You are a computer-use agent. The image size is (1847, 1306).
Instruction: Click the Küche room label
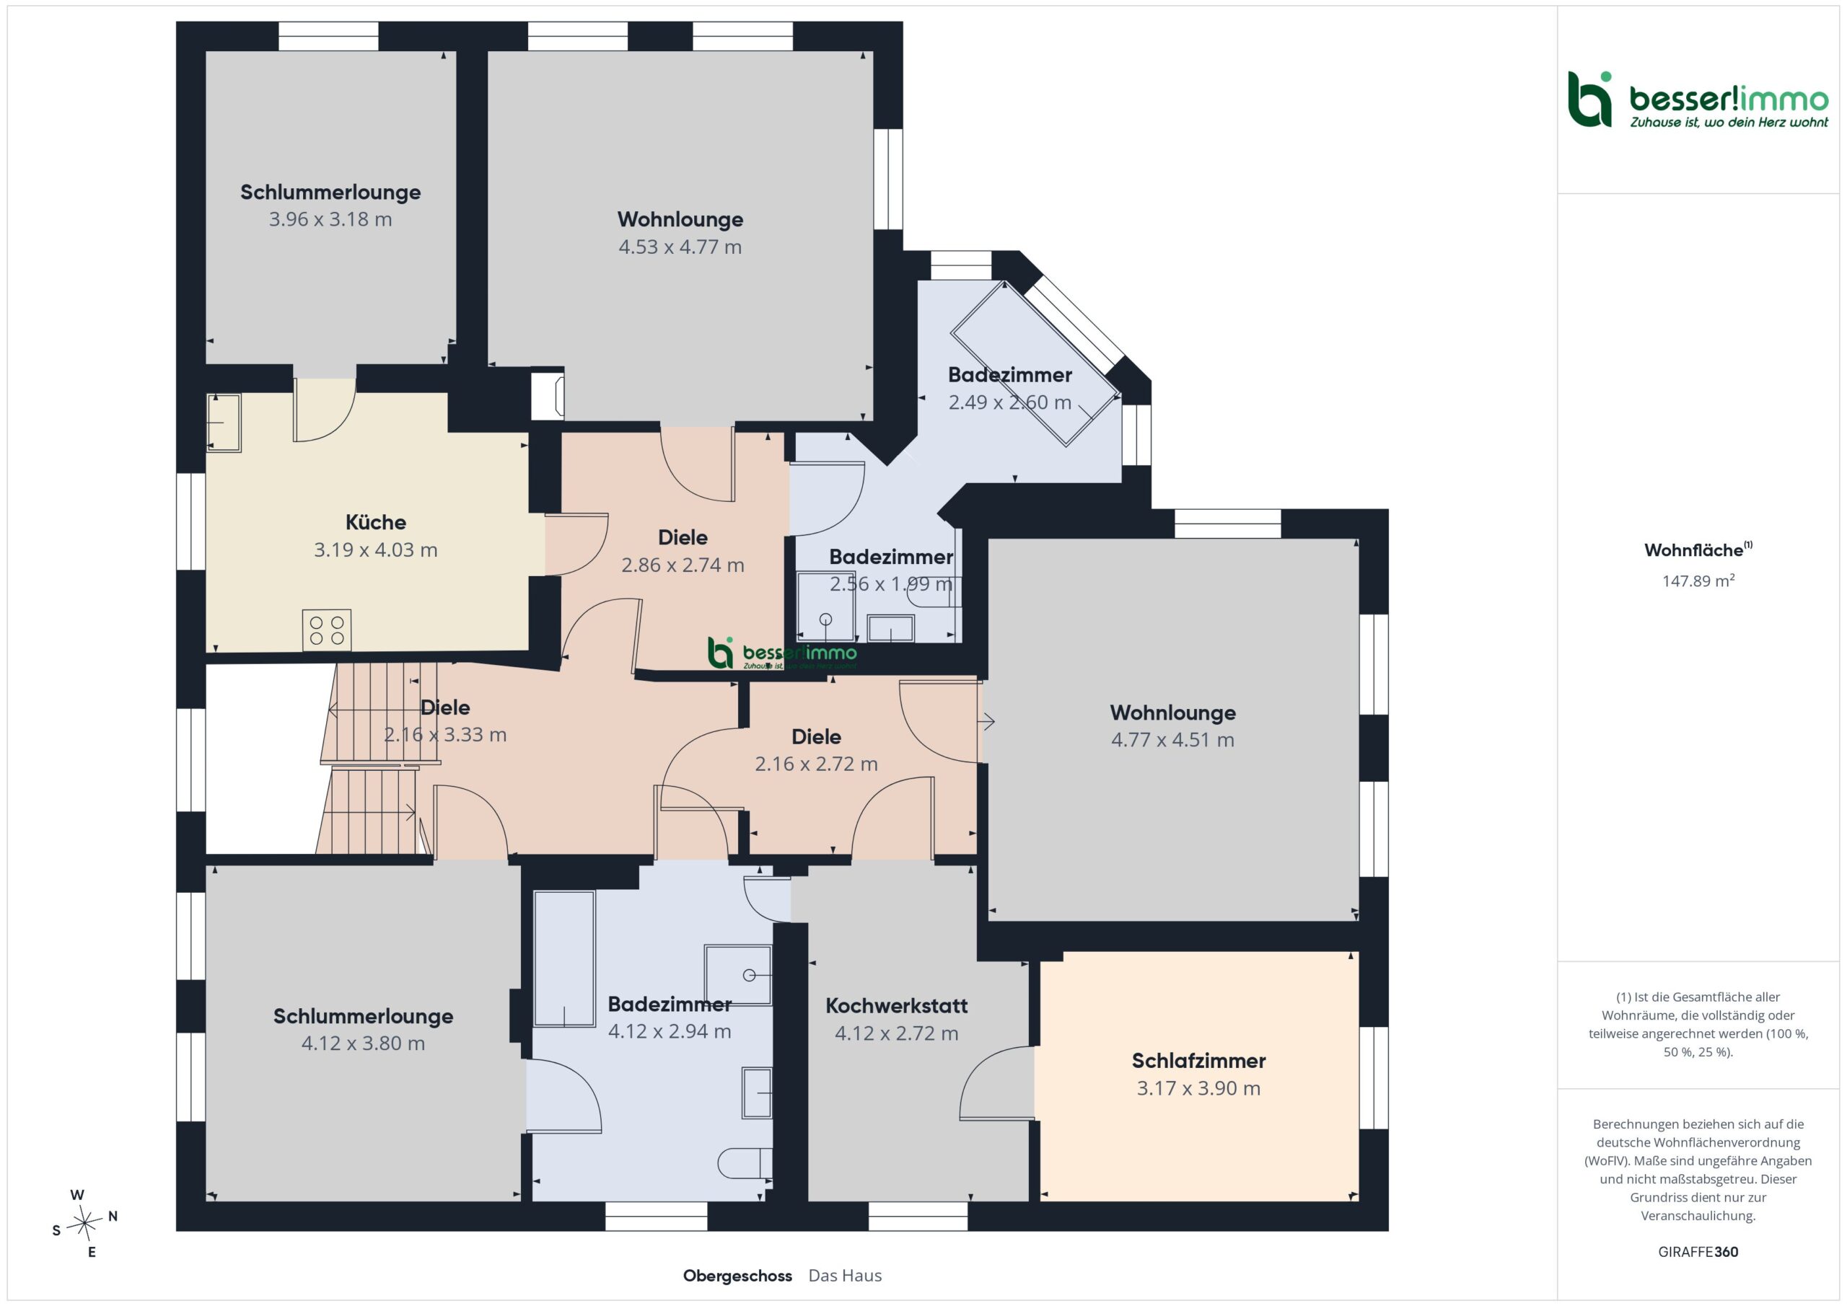[376, 523]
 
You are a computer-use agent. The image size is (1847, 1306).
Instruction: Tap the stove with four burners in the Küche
[327, 630]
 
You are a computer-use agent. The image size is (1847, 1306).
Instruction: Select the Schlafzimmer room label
[1198, 1061]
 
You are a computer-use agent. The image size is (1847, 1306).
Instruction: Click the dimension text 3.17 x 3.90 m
[1198, 1088]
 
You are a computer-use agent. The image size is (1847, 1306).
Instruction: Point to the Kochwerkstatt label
[896, 1005]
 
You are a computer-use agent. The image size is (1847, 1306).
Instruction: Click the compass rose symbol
[84, 1223]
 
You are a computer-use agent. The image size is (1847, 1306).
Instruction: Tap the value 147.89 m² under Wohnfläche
[1698, 581]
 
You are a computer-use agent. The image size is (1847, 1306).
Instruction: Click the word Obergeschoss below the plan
[737, 1276]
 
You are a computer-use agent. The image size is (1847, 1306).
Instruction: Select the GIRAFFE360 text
[1698, 1251]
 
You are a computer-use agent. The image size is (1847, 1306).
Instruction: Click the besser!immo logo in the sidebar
[1698, 100]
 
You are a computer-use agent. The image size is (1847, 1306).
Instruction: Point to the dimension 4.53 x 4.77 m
[680, 247]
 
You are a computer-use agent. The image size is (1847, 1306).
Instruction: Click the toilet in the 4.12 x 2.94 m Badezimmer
[744, 1164]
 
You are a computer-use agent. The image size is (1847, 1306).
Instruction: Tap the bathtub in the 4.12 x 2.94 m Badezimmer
[565, 958]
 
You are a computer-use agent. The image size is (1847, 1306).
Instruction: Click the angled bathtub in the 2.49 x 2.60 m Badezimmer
[1035, 363]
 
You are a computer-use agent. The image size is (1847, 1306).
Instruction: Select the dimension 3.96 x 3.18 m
[330, 219]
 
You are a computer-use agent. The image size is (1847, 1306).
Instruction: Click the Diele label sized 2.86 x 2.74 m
[683, 537]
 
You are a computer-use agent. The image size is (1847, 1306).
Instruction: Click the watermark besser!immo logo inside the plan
[782, 653]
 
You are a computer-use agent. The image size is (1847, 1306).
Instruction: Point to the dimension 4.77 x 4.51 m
[1173, 740]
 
